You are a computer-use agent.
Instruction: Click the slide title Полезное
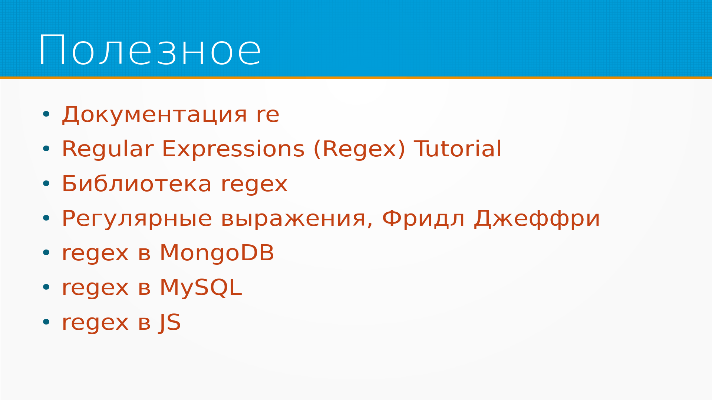150,50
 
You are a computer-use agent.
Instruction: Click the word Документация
154,114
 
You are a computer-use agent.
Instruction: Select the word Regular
108,149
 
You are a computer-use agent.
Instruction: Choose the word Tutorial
458,149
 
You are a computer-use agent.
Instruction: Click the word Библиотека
137,184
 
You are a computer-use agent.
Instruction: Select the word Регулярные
137,219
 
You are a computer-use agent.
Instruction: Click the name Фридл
423,218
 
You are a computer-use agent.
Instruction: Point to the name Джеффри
537,218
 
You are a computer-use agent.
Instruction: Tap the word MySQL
201,288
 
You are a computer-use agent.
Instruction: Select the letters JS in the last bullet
170,322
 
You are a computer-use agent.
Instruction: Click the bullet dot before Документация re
46,114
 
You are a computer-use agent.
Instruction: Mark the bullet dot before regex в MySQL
46,287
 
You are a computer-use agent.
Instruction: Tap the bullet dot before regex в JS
46,322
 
